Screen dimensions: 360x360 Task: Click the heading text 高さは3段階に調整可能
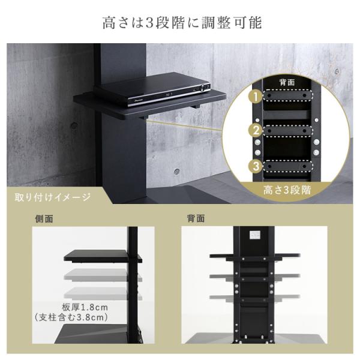pyautogui.click(x=182, y=23)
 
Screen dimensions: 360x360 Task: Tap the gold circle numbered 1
pyautogui.click(x=256, y=97)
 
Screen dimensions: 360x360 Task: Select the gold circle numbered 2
pyautogui.click(x=256, y=130)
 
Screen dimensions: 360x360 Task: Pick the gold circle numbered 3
pyautogui.click(x=256, y=166)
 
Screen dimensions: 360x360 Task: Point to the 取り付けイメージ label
pyautogui.click(x=52, y=197)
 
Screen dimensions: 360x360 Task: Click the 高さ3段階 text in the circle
pyautogui.click(x=287, y=190)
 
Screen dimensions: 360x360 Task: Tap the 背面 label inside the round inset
pyautogui.click(x=287, y=82)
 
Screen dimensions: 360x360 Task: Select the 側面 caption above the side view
pyautogui.click(x=44, y=218)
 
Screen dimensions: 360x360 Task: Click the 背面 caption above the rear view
pyautogui.click(x=196, y=218)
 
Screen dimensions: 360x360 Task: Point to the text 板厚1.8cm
pyautogui.click(x=85, y=307)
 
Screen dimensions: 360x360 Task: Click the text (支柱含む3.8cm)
pyautogui.click(x=71, y=317)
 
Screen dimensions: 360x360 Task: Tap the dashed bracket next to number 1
pyautogui.click(x=287, y=95)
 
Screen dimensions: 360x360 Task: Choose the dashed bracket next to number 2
pyautogui.click(x=287, y=131)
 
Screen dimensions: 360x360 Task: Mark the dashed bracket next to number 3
pyautogui.click(x=287, y=166)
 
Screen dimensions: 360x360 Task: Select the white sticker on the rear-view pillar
pyautogui.click(x=255, y=235)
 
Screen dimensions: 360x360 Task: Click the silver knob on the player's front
pyautogui.click(x=203, y=88)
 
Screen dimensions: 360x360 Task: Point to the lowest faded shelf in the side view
pyautogui.click(x=103, y=293)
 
